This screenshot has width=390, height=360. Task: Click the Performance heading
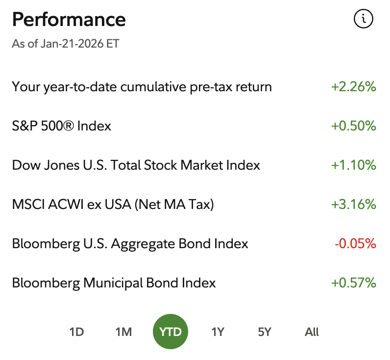click(69, 20)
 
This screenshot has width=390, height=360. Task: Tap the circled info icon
click(363, 19)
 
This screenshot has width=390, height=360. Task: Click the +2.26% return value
click(354, 87)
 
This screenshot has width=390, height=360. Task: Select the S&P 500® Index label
click(62, 126)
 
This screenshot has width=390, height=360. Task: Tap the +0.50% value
click(354, 126)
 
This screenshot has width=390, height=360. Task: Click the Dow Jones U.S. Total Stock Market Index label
click(136, 165)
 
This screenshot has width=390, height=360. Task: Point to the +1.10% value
click(354, 165)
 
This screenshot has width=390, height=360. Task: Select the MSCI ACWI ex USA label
click(113, 205)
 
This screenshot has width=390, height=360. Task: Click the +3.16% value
click(354, 205)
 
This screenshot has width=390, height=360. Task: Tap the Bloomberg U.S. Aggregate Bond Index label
click(130, 244)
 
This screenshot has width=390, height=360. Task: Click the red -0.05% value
click(355, 244)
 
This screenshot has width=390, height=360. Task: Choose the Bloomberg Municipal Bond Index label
click(114, 283)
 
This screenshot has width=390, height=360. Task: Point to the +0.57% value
click(354, 283)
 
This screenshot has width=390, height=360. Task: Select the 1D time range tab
click(77, 332)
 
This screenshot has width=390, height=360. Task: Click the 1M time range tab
click(123, 332)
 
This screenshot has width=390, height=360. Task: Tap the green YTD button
click(171, 332)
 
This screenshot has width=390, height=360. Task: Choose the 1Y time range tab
click(218, 332)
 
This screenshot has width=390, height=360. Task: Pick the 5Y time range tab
click(265, 332)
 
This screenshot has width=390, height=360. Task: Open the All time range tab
click(312, 332)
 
